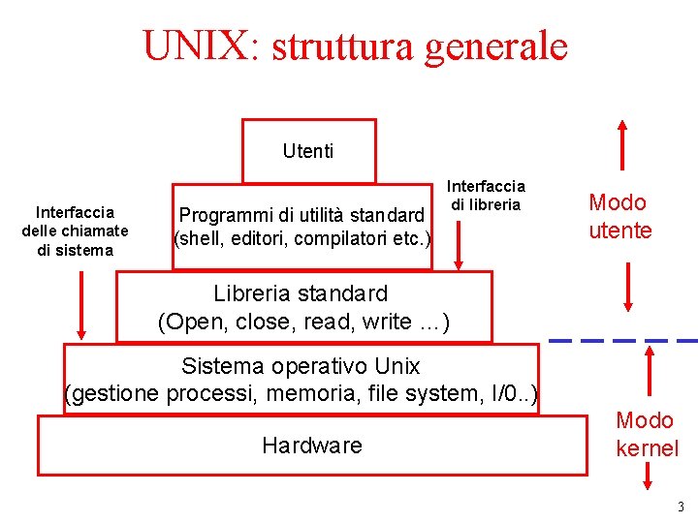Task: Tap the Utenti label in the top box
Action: click(308, 151)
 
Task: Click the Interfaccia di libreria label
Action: click(486, 195)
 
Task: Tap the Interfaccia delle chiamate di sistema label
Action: click(75, 231)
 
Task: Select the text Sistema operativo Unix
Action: click(301, 366)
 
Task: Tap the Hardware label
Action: click(311, 446)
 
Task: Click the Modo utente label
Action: click(620, 216)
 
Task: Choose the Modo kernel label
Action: click(646, 434)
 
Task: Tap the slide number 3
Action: click(681, 507)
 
